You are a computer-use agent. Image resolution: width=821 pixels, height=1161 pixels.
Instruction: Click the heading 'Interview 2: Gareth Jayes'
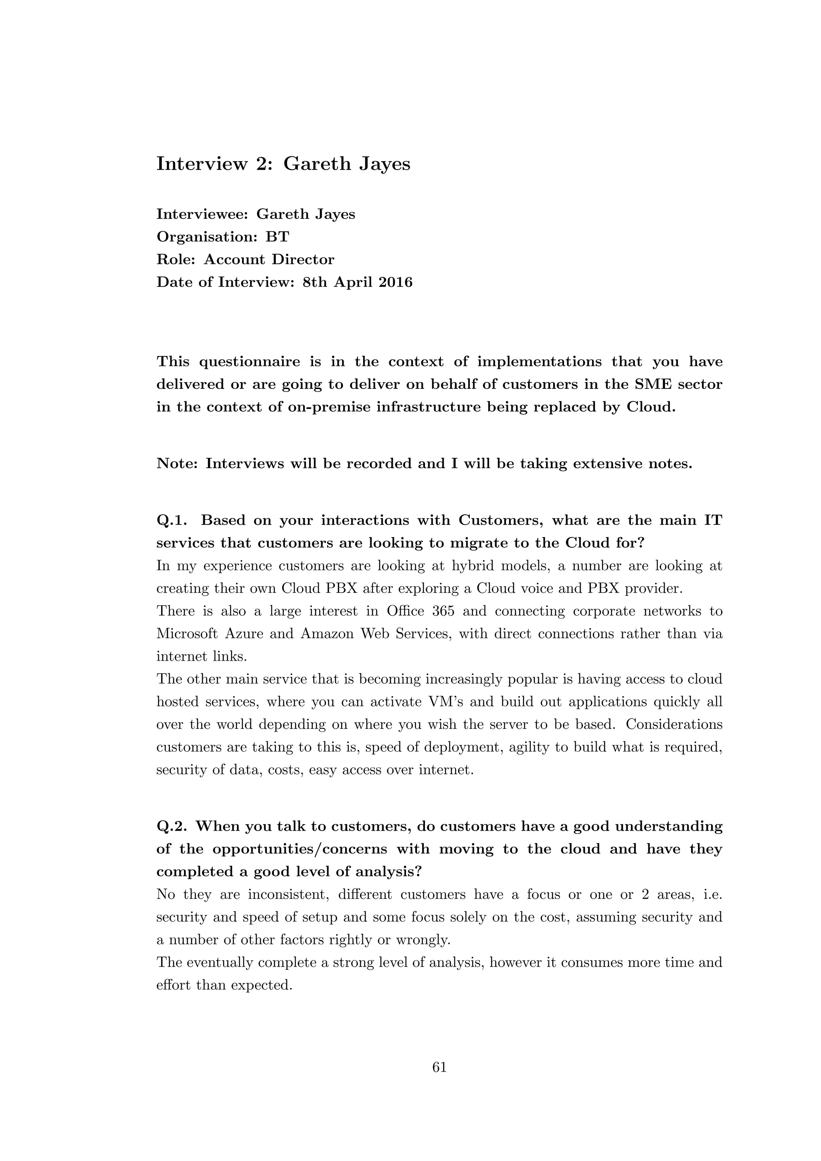tap(283, 164)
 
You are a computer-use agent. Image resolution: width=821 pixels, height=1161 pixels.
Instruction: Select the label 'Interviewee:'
tap(202, 214)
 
